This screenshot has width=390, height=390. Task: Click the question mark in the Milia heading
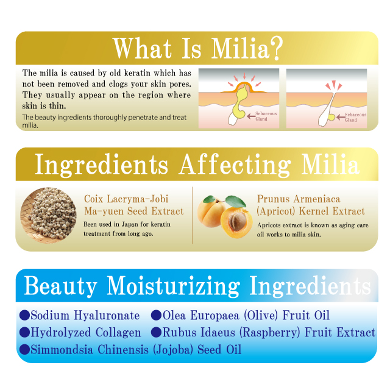[x=276, y=48]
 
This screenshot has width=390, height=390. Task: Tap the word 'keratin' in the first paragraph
[x=137, y=73]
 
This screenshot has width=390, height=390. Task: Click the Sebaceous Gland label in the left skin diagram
[x=266, y=116]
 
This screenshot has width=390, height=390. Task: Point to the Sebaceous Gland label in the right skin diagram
[x=355, y=117]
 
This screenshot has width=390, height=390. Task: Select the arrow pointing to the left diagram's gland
[x=251, y=116]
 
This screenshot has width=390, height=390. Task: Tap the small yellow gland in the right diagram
[x=331, y=117]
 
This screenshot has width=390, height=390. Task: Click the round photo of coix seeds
[x=48, y=215]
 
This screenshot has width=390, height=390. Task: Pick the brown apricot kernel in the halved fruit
[x=237, y=222]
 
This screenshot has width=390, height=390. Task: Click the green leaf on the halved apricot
[x=236, y=201]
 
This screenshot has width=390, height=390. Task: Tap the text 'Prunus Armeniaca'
[x=299, y=199]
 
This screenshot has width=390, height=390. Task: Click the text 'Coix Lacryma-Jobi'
[x=126, y=199]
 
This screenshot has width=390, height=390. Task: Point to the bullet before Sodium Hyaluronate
[x=24, y=315]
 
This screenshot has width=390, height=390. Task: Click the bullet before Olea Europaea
[x=156, y=315]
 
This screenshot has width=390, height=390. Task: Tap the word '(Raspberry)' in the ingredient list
[x=269, y=333]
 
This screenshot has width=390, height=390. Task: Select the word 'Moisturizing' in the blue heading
[x=173, y=286]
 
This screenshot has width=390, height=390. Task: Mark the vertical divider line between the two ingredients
[x=193, y=215]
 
